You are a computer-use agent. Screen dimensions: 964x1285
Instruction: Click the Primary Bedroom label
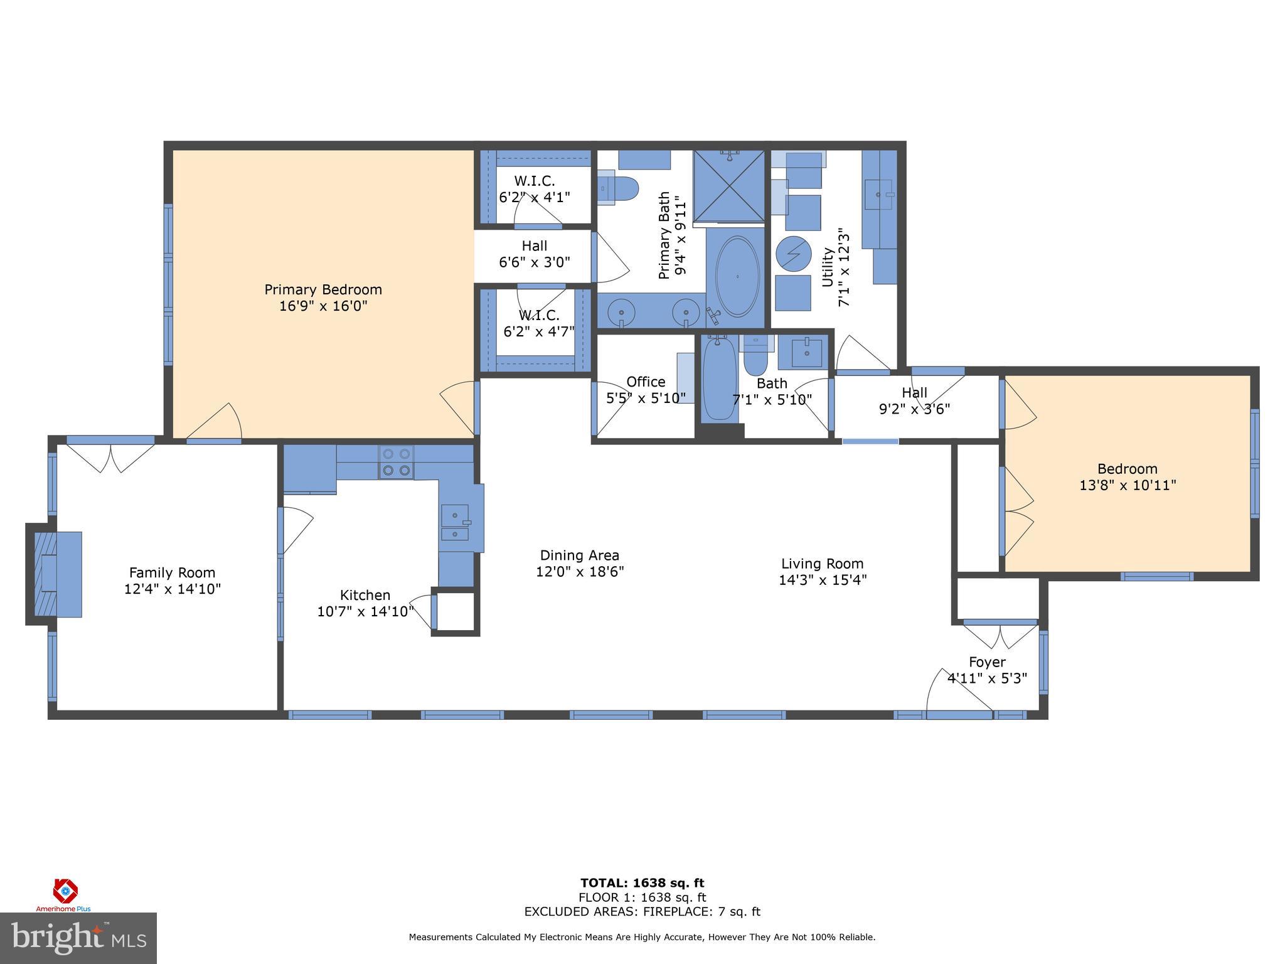tap(323, 289)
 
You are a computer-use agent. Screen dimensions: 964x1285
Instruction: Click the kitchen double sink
tap(455, 523)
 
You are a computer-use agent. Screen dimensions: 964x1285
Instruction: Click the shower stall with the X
tap(729, 186)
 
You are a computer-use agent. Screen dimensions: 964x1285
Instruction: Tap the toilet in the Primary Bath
tap(620, 188)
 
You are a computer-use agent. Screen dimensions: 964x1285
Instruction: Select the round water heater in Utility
tap(794, 254)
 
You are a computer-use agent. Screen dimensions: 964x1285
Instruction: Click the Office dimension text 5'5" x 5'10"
tap(646, 398)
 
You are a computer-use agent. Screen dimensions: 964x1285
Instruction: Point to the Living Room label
tap(822, 564)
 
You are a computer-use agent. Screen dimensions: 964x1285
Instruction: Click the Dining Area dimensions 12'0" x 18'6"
tap(579, 572)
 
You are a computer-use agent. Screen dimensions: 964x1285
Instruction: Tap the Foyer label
tap(987, 662)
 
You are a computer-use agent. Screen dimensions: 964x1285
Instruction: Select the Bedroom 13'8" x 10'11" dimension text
tap(1127, 485)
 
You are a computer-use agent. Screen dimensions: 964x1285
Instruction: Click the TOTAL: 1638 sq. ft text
tap(642, 883)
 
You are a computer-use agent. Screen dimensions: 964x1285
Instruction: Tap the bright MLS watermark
tap(78, 938)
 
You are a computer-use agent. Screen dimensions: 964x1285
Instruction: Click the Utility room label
tap(828, 267)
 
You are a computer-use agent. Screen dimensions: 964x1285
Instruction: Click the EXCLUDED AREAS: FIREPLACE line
tap(642, 912)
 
